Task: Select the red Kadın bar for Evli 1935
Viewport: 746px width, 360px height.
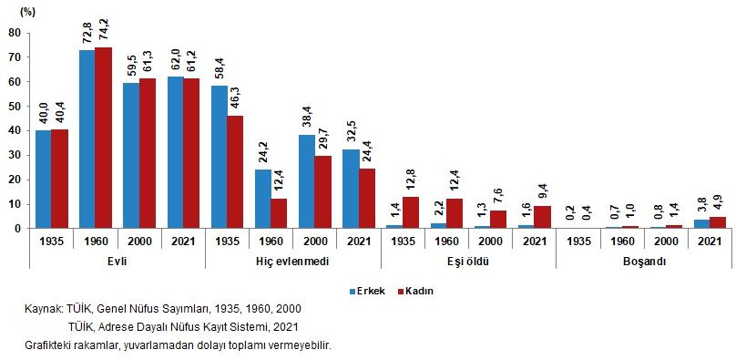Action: point(59,179)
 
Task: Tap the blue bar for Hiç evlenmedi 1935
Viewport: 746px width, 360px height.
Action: point(220,157)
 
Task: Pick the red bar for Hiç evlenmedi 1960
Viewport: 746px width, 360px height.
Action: point(279,213)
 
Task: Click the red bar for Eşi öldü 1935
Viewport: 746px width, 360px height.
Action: point(411,212)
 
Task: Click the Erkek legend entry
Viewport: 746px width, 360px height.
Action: point(369,291)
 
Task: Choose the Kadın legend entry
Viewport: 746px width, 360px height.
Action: point(414,291)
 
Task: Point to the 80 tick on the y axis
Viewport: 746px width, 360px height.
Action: point(15,33)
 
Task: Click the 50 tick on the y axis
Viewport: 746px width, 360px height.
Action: point(15,107)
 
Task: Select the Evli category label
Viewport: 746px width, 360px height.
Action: point(117,261)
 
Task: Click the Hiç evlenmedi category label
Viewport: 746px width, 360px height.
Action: point(292,261)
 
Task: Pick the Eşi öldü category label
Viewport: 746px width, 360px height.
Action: point(468,261)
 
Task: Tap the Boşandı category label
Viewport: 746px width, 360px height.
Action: point(644,261)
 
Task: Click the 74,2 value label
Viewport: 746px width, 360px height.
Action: point(103,30)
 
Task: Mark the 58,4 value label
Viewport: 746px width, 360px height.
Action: point(220,69)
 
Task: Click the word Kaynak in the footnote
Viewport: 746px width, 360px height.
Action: point(44,310)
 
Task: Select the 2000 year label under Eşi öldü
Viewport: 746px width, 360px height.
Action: point(490,242)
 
